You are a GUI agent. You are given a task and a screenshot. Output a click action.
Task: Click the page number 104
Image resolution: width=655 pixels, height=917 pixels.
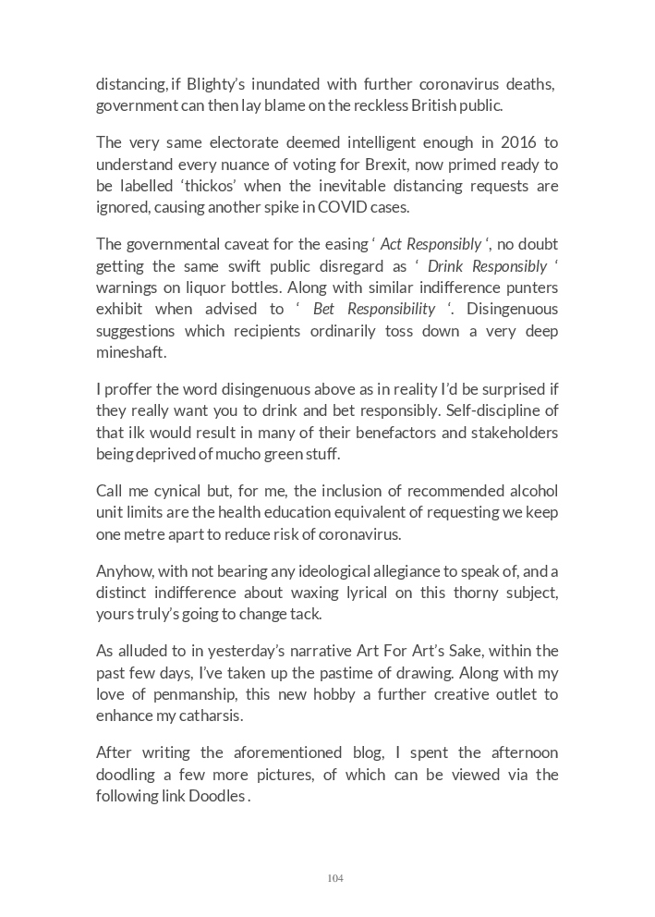coord(335,878)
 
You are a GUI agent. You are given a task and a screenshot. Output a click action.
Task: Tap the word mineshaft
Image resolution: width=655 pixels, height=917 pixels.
coord(129,352)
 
